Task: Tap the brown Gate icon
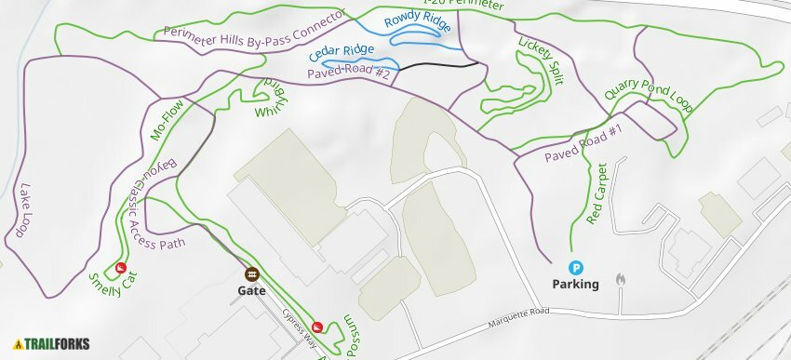(251, 274)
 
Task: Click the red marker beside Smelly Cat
(120, 269)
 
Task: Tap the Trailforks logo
(51, 343)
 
